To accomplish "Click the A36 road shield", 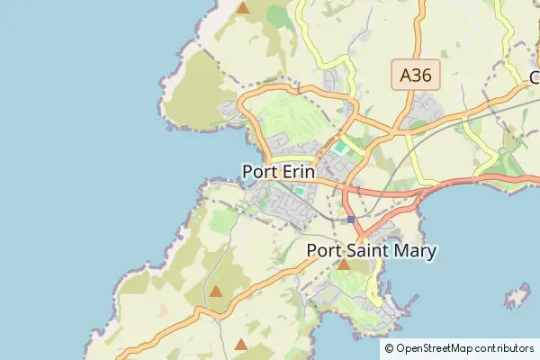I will click(416, 76).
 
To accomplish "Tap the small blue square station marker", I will click(351, 220).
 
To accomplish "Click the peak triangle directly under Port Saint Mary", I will click(343, 265).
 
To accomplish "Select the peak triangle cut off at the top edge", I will click(243, 7).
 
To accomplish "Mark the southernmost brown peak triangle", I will click(240, 344).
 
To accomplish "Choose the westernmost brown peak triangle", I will click(216, 291).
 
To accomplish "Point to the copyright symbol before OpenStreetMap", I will click(389, 348).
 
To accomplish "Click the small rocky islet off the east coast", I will click(517, 297).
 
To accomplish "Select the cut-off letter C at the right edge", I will click(535, 76).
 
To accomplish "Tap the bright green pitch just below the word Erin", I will click(299, 191).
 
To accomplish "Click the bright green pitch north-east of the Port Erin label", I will click(341, 146).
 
